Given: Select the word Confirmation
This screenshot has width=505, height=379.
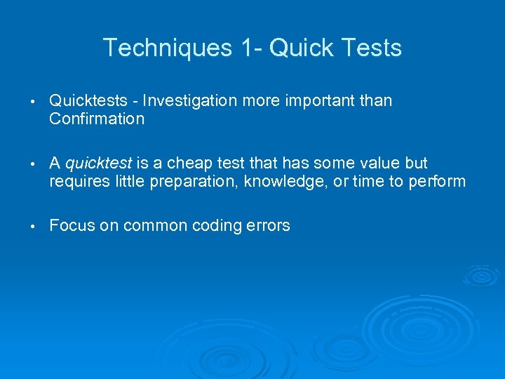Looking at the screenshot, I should [97, 119].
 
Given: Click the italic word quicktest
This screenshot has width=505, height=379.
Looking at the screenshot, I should [98, 164].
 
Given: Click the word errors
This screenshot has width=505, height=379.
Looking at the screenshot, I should [268, 226].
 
